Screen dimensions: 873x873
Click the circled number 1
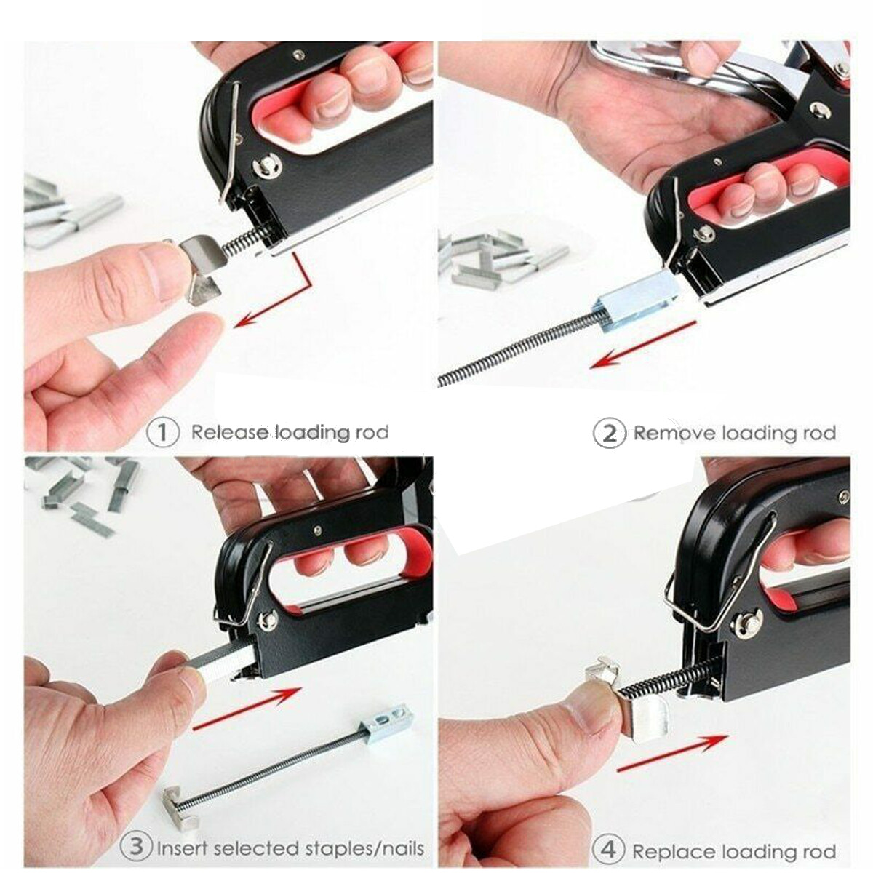click(x=162, y=433)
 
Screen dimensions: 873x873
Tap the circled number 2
click(x=608, y=434)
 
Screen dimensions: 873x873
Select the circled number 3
click(x=137, y=848)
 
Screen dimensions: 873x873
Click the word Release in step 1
click(x=228, y=432)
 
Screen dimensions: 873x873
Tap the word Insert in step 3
click(x=187, y=848)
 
